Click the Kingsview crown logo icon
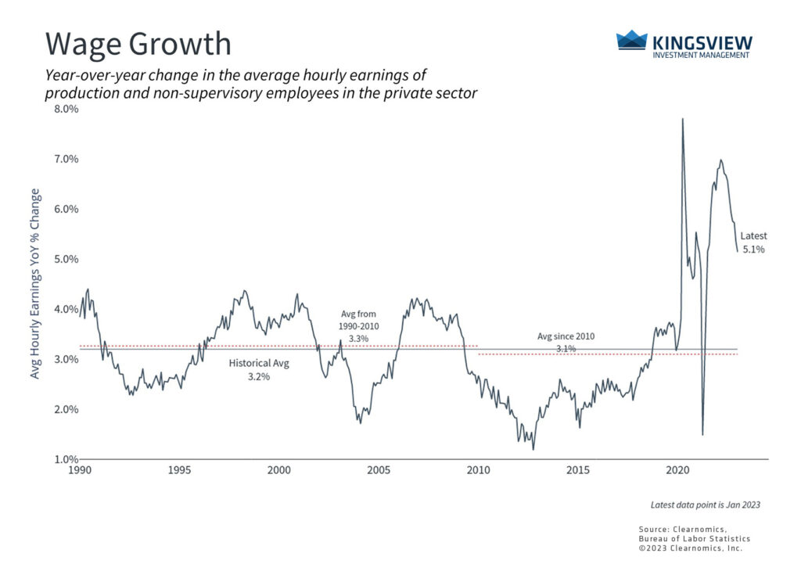click(632, 41)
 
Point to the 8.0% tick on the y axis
click(66, 109)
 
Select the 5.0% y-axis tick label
click(66, 259)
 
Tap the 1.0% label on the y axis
click(66, 459)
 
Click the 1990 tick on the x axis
click(80, 471)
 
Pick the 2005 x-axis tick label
click(379, 471)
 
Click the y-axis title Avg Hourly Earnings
click(35, 283)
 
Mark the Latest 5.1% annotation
click(753, 242)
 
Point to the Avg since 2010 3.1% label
click(566, 343)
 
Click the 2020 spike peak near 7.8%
click(683, 119)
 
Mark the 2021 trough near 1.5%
click(702, 434)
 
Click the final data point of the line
click(737, 251)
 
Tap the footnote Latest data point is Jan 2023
click(705, 505)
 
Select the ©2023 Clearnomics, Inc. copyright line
click(689, 548)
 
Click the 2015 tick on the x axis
click(579, 471)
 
